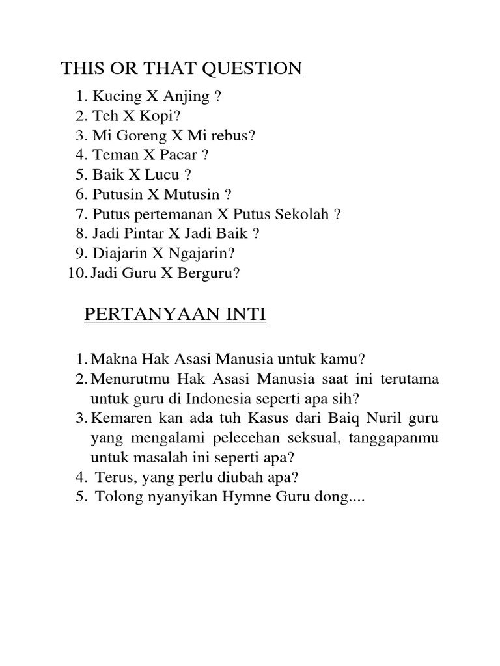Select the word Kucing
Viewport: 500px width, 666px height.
(117, 97)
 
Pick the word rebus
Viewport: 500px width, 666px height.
(236, 136)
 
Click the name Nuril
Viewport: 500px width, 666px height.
(385, 417)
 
